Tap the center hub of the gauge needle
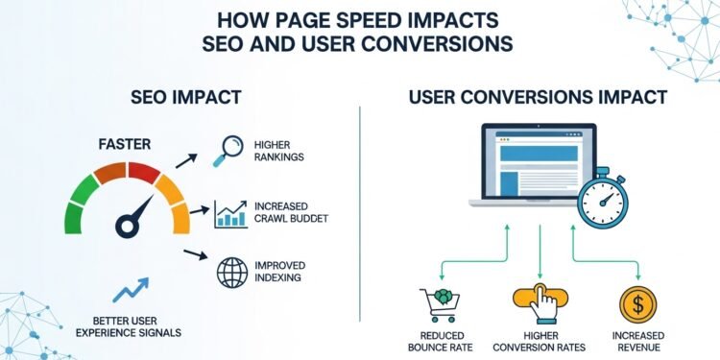point(124,228)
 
